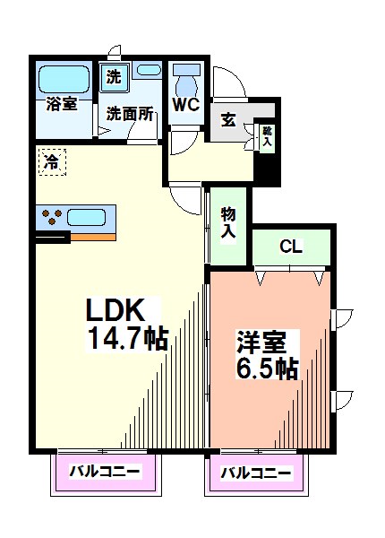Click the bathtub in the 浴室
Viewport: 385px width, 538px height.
click(64, 79)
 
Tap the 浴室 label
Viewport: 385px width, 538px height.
click(62, 104)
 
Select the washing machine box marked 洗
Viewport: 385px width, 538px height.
click(114, 77)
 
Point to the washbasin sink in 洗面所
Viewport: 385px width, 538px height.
click(149, 70)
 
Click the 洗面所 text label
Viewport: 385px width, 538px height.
click(130, 114)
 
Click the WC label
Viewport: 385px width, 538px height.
click(186, 104)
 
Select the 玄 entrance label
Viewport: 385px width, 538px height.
click(228, 120)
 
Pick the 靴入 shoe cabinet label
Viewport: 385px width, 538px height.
click(267, 135)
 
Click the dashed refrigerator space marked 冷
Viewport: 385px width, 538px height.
click(52, 162)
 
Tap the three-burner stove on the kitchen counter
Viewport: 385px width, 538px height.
click(52, 217)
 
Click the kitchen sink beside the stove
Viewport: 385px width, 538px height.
click(86, 217)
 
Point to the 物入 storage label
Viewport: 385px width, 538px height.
click(228, 223)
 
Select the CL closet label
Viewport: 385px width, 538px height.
click(291, 246)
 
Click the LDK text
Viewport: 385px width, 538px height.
click(115, 309)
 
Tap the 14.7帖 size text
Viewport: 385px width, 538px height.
click(128, 338)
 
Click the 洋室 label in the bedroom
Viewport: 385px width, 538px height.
click(261, 342)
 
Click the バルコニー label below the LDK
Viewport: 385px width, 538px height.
click(105, 472)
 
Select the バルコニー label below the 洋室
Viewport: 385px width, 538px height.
click(255, 473)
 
